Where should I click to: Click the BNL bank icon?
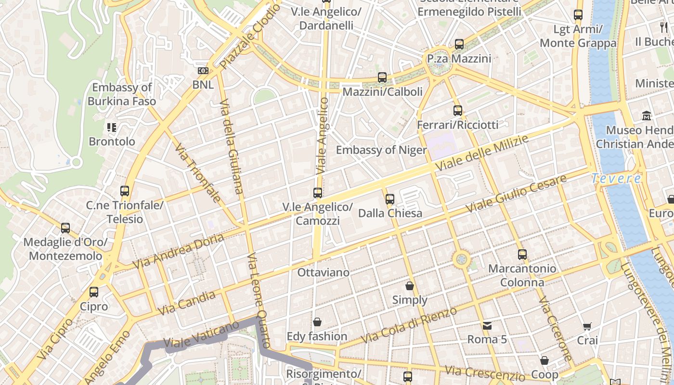coord(203,71)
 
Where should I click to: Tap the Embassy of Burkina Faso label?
coord(122,94)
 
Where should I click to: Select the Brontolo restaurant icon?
coord(112,128)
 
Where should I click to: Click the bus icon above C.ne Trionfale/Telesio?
coord(125,191)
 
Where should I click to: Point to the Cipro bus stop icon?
coord(94,292)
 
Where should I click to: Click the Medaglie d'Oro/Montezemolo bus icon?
coord(65,228)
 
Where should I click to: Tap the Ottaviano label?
coord(323,272)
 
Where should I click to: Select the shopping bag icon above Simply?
coord(410,286)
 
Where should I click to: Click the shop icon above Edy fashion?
coord(317,322)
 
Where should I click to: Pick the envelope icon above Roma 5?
coord(487,326)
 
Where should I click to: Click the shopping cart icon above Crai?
coord(587,327)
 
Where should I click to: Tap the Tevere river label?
coord(616,179)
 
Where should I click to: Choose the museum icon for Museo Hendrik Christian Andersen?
coord(647,116)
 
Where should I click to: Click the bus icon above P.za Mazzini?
coord(459,44)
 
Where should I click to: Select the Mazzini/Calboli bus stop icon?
coord(382,77)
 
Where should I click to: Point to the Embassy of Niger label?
coord(381,150)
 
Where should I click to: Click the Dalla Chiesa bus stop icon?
coord(390,199)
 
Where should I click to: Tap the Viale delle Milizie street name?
coord(481,153)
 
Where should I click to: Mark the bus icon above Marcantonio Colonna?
coord(522,255)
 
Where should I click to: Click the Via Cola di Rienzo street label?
coord(409,325)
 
